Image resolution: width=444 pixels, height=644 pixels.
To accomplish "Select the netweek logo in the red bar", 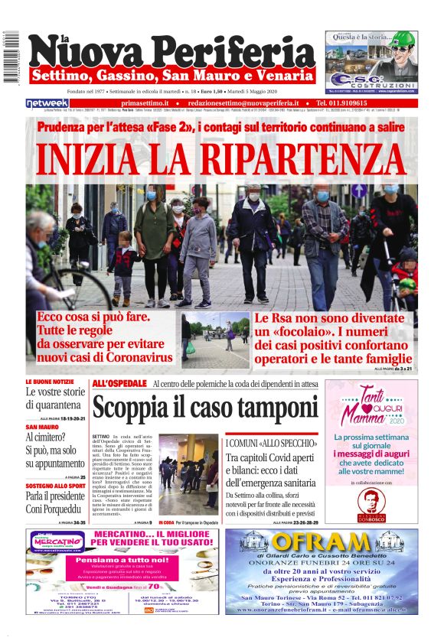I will pyautogui.click(x=47, y=102).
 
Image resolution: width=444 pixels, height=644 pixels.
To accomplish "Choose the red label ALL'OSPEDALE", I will pyautogui.click(x=119, y=383).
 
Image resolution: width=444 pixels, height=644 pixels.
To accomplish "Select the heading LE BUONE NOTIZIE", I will pyautogui.click(x=50, y=381).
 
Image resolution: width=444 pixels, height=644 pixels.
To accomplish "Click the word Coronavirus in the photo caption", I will pyautogui.click(x=132, y=357).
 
